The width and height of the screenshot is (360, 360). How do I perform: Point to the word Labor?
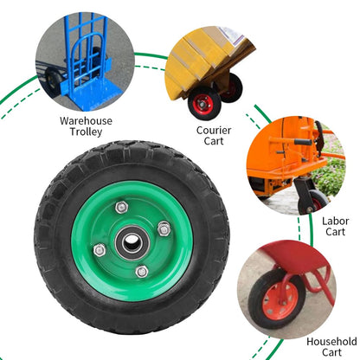335,221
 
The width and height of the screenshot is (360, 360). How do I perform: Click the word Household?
331,341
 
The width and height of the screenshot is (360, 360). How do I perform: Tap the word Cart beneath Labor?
335,233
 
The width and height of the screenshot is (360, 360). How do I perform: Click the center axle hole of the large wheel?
131,241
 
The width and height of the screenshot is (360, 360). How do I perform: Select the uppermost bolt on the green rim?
120,208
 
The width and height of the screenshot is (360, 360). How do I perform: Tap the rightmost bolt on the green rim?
164,228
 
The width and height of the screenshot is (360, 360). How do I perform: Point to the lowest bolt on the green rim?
142,272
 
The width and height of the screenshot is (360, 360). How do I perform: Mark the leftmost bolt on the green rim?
99,251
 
